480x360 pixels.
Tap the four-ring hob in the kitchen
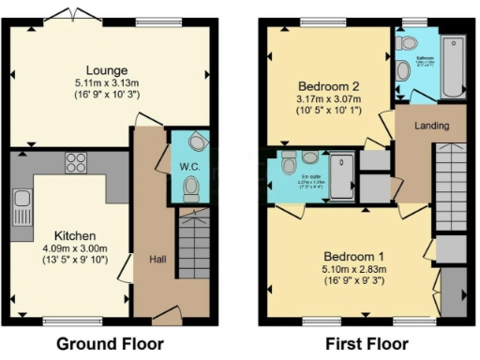point(76,162)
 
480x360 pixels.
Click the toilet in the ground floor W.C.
point(191,190)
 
